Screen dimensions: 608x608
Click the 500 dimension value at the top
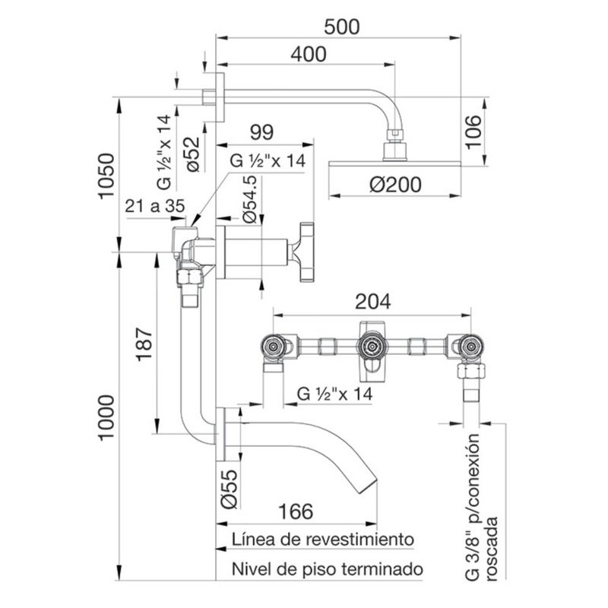[x=341, y=27]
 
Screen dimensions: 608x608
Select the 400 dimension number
[x=309, y=54]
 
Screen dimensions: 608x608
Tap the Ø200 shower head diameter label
[x=395, y=185]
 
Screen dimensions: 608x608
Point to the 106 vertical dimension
[x=473, y=131]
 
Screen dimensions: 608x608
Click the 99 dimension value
[x=261, y=132]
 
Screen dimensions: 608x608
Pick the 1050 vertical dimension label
[x=106, y=176]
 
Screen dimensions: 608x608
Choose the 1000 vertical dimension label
[x=106, y=417]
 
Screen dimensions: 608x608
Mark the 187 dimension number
[x=144, y=344]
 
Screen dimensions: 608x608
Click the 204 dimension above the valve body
[x=373, y=302]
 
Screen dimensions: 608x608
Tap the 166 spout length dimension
[x=296, y=511]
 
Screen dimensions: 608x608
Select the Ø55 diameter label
[x=229, y=489]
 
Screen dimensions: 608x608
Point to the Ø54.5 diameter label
[x=250, y=200]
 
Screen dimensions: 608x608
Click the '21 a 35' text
[x=155, y=206]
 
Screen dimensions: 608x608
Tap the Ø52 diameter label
[x=193, y=154]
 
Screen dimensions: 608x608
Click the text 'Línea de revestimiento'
[x=323, y=540]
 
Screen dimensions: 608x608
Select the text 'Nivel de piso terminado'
[x=328, y=569]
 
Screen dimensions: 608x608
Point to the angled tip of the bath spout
[x=369, y=486]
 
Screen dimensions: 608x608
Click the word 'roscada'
[x=492, y=548]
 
